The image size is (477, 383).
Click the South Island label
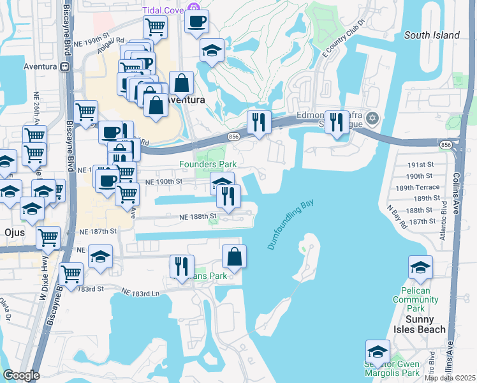(432, 35)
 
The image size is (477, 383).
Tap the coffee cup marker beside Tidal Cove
(196, 22)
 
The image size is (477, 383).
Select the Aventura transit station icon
(64, 66)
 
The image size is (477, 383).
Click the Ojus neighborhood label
(13, 232)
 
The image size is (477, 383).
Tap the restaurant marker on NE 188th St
(228, 196)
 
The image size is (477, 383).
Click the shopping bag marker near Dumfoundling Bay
(235, 257)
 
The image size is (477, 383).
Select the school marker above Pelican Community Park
(420, 268)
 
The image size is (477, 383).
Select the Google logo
(20, 375)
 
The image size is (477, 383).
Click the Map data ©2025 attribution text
(450, 378)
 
